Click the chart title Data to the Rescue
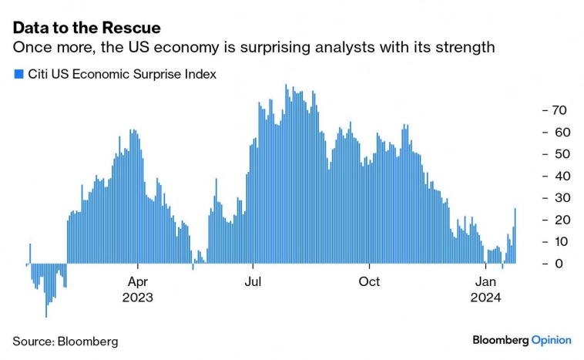click(86, 28)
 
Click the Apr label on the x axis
click(137, 281)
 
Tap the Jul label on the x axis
click(252, 281)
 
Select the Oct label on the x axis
click(369, 281)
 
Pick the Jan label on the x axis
click(485, 281)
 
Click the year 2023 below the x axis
click(137, 298)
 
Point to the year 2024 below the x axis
click(485, 298)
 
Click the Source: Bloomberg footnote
click(65, 340)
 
